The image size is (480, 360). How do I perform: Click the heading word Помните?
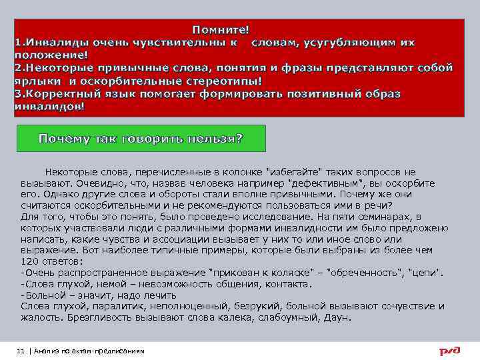click(221, 30)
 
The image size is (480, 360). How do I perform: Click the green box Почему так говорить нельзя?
click(141, 139)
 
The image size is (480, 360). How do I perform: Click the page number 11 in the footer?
click(21, 351)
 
